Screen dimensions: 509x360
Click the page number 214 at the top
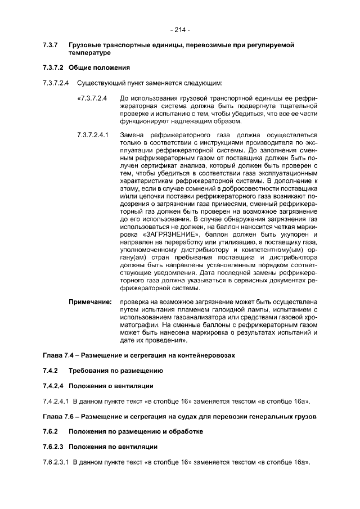point(180,29)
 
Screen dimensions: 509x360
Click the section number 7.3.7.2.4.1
point(93,135)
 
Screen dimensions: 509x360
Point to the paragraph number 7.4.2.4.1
point(55,401)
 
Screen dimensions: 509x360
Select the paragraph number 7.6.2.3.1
point(55,462)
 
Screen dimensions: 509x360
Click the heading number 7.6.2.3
point(55,447)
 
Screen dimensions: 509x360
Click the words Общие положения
point(100,68)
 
